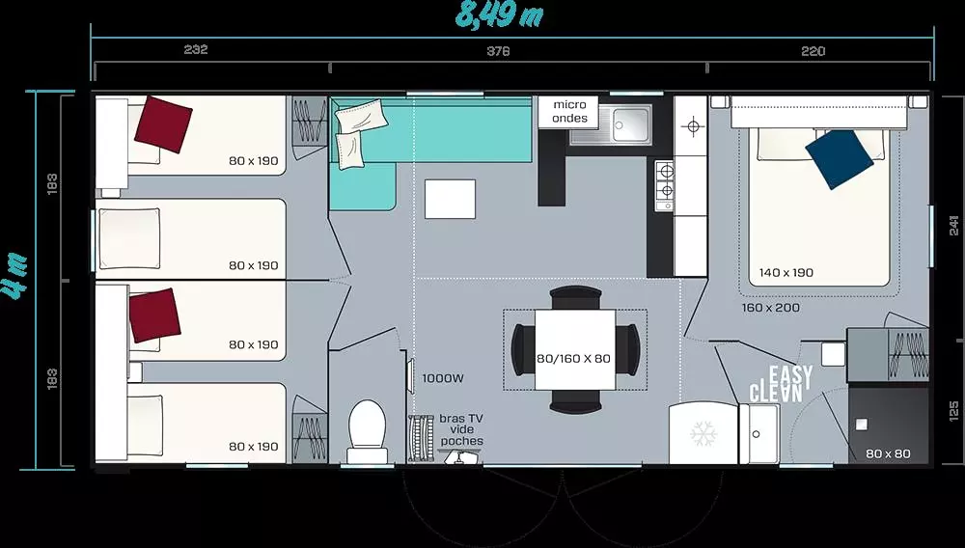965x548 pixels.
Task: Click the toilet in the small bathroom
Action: [x=368, y=431]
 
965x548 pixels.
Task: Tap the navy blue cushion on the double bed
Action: [x=839, y=159]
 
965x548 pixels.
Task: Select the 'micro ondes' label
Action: [x=569, y=111]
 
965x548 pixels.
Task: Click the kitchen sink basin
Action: [x=631, y=124]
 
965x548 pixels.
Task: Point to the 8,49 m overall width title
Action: [x=499, y=14]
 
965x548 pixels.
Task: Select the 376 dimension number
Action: [x=498, y=51]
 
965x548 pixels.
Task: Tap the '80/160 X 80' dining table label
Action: [x=573, y=358]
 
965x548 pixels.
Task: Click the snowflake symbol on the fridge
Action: [x=703, y=433]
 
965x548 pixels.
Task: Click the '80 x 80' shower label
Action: [x=888, y=453]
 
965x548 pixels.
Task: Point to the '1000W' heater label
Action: [x=443, y=378]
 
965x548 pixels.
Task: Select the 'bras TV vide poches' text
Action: [x=461, y=429]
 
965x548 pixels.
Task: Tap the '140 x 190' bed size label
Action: [x=786, y=272]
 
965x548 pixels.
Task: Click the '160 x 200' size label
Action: [x=770, y=307]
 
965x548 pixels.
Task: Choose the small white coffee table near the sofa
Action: [x=450, y=199]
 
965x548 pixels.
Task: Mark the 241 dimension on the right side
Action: [x=954, y=226]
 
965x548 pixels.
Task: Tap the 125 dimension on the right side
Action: [x=954, y=410]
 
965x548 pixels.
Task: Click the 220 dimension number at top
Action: [x=813, y=51]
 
